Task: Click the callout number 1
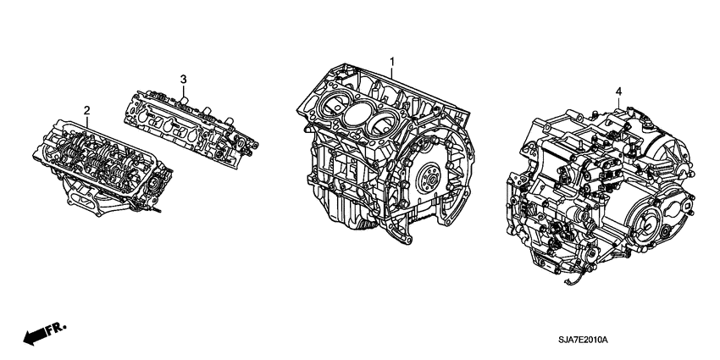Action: click(x=392, y=61)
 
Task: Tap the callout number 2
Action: click(x=86, y=110)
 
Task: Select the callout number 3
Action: click(x=182, y=79)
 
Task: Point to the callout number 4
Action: click(x=618, y=91)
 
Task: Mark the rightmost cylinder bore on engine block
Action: click(x=385, y=121)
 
